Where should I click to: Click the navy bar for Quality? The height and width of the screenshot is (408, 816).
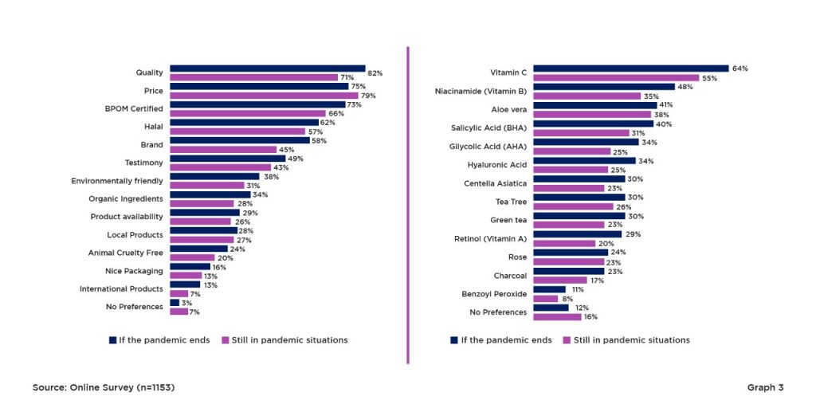(267, 69)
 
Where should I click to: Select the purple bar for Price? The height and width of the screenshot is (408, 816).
(264, 96)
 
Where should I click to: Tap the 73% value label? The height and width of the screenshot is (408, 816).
(355, 105)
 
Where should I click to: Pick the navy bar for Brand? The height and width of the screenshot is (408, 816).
(239, 140)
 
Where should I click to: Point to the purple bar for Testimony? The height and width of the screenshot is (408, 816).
(220, 167)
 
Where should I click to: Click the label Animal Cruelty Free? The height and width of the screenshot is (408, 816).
(126, 253)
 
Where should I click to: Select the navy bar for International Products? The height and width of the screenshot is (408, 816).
(185, 284)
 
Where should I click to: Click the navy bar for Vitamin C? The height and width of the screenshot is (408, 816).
(630, 69)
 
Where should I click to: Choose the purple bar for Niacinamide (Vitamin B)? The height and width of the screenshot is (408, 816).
(586, 96)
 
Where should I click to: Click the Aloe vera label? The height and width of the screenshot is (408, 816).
(509, 109)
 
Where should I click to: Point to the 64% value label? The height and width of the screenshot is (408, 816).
(739, 69)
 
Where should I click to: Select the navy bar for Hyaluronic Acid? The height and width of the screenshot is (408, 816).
(584, 160)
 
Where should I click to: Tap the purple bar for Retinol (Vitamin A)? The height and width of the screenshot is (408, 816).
(564, 243)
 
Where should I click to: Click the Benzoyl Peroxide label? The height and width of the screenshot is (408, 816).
(494, 294)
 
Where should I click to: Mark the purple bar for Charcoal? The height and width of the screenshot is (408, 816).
(559, 280)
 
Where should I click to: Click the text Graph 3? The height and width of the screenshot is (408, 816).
(765, 387)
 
